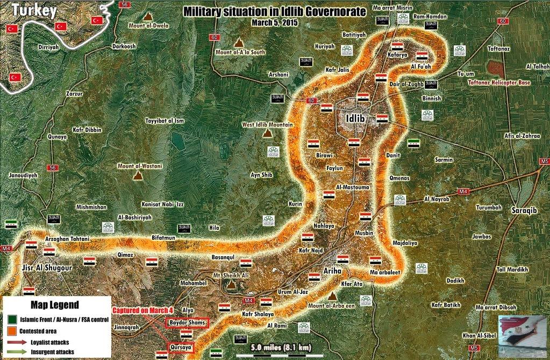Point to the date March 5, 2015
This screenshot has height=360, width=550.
click(274, 23)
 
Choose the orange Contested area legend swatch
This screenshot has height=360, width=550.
click(11, 330)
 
